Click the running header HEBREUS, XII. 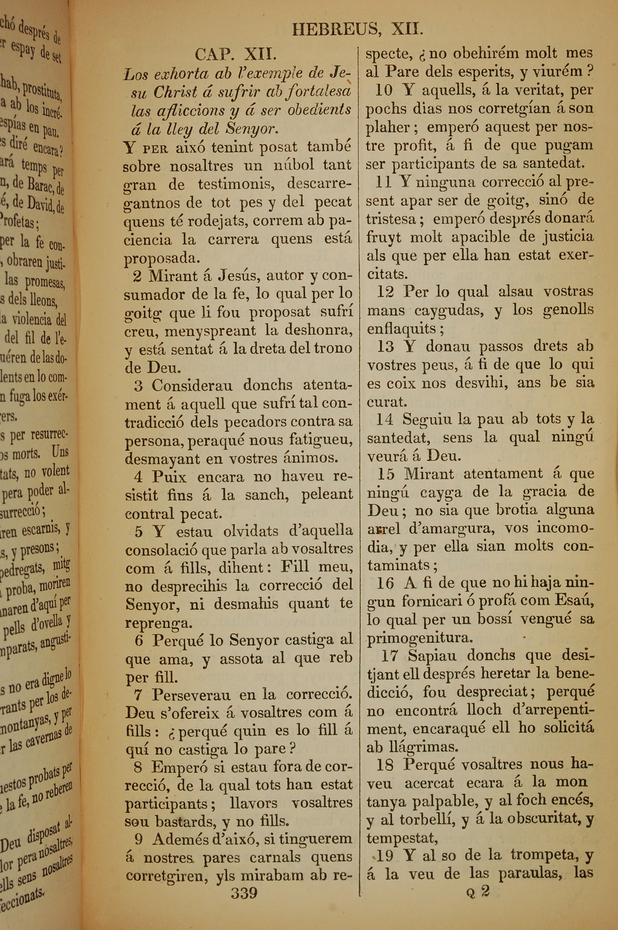click(x=358, y=30)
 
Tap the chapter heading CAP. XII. click(x=235, y=54)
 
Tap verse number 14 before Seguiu click(x=385, y=420)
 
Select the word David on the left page click(x=37, y=204)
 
